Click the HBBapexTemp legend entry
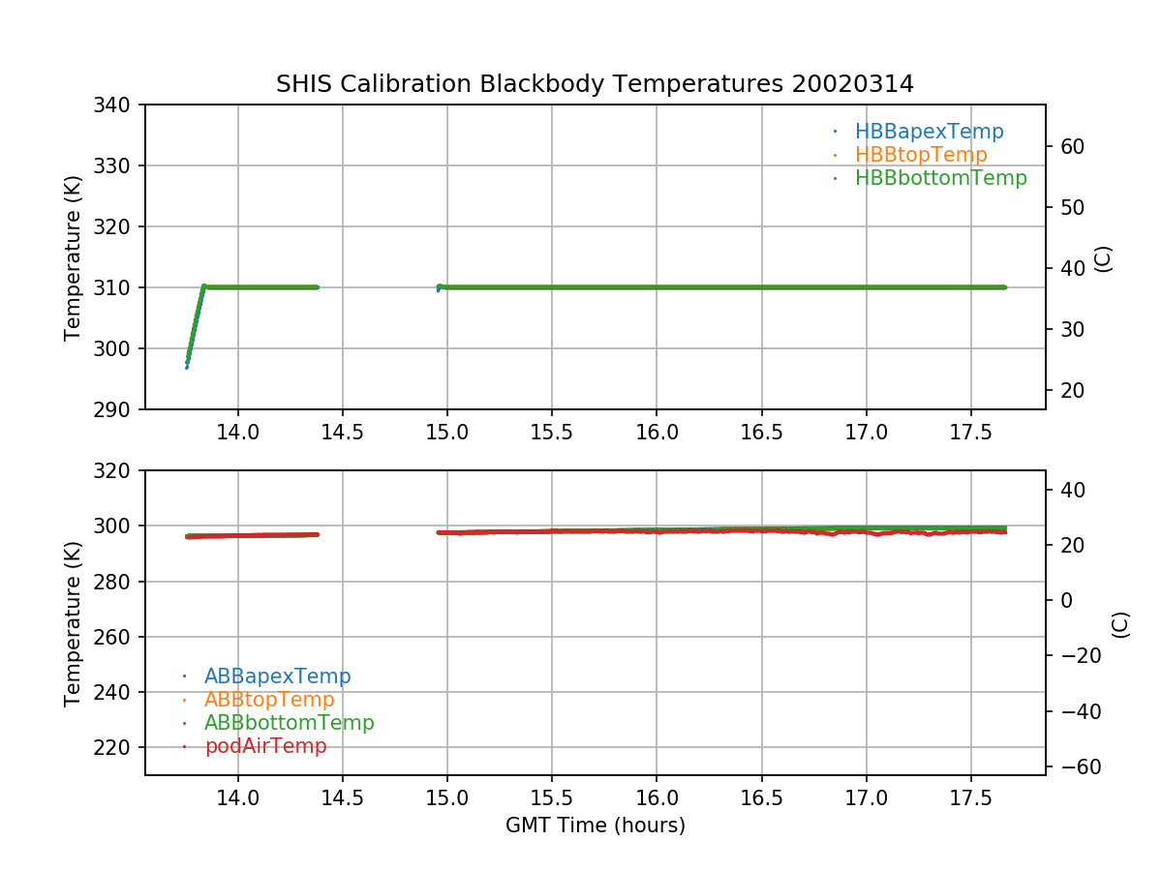coord(928,132)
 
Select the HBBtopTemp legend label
coord(920,155)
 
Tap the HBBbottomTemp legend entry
coord(940,178)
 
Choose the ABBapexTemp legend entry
coord(277,676)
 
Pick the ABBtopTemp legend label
coord(269,700)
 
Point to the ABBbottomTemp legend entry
coord(289,723)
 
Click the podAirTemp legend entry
coord(265,746)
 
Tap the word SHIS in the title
coord(303,84)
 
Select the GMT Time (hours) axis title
coord(595,826)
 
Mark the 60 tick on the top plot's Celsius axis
coord(1072,147)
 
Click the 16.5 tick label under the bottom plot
coord(761,798)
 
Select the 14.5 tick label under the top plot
coord(343,433)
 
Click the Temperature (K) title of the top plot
coord(73,257)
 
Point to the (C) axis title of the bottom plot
coord(1120,624)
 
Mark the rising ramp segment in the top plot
coord(196,323)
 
